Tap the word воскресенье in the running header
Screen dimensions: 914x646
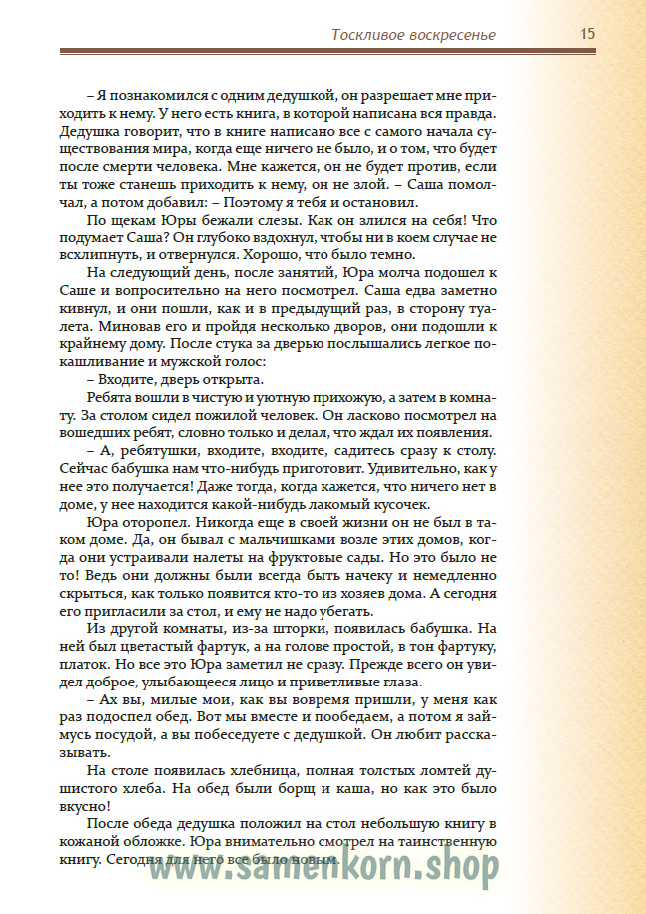[451, 35]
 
